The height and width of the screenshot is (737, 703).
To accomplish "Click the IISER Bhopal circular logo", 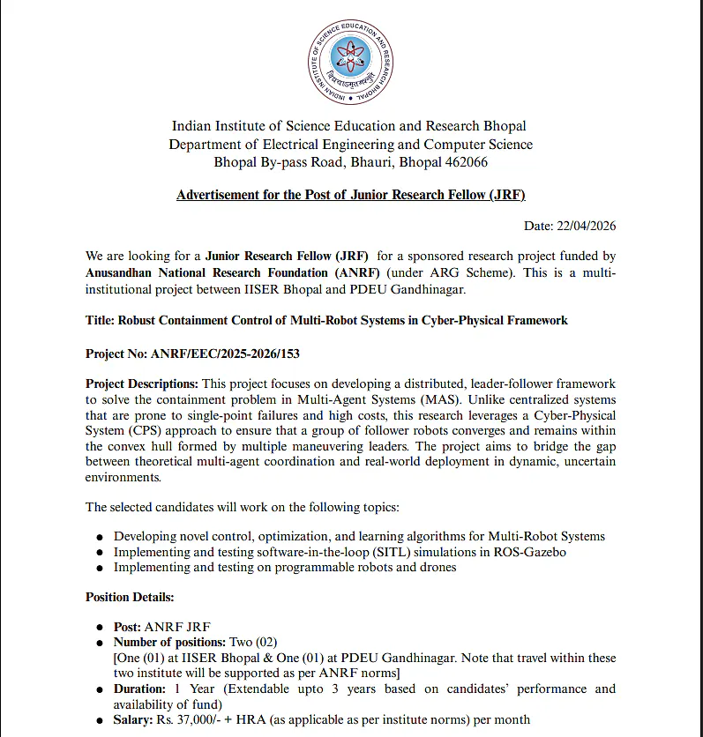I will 350,59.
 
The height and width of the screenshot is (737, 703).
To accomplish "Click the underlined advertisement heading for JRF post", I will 351,194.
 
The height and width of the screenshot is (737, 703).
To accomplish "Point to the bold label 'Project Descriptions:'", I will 142,383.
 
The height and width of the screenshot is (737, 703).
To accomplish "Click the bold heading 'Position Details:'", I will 130,597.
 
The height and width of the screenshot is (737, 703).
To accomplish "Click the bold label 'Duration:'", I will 139,689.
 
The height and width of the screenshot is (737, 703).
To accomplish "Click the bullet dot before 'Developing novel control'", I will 101,537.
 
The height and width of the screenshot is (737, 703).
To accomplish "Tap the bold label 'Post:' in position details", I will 127,627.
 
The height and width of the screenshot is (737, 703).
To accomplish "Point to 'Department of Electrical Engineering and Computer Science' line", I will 351,145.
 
